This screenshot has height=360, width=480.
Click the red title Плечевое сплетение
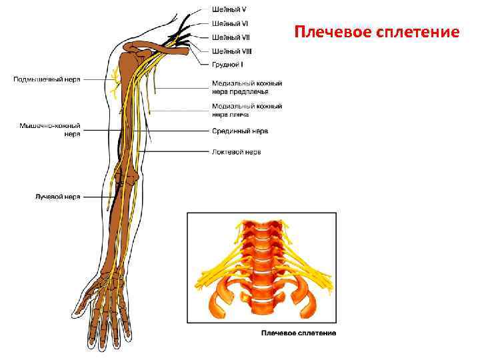(x=377, y=33)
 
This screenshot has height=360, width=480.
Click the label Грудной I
(x=227, y=65)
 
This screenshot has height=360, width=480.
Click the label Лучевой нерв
(x=57, y=197)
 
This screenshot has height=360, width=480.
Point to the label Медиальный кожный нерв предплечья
(x=246, y=87)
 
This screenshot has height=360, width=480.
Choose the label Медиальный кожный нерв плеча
(x=246, y=110)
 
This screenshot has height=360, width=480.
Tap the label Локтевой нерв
(x=236, y=152)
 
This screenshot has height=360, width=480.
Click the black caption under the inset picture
(x=298, y=333)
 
